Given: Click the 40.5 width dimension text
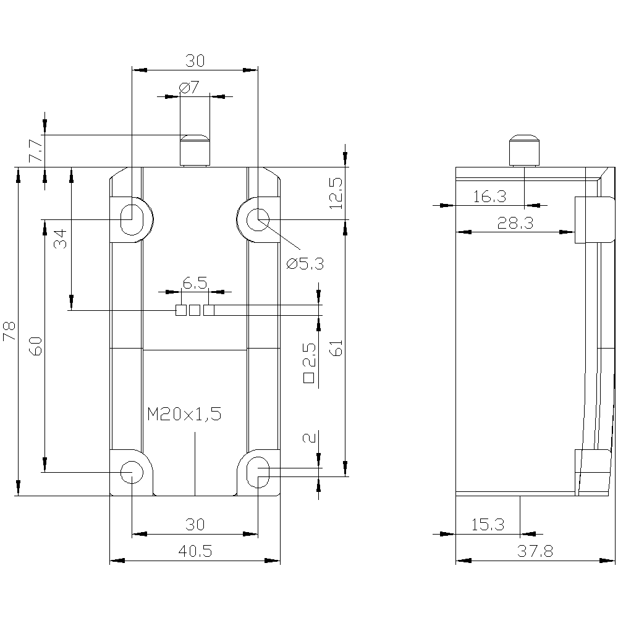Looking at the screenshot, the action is coord(195,551).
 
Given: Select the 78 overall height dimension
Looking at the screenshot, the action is coord(9,331).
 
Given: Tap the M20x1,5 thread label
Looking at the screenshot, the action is coord(184,414).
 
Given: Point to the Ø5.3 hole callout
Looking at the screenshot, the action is coord(305,263).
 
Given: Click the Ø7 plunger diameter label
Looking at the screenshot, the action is coord(189,87).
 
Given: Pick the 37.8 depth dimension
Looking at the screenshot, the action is coord(535,551).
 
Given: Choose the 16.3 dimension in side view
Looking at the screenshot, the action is coord(489,197).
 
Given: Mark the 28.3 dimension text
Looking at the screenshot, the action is coord(515,223).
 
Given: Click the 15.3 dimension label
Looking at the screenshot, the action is coord(488,525).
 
